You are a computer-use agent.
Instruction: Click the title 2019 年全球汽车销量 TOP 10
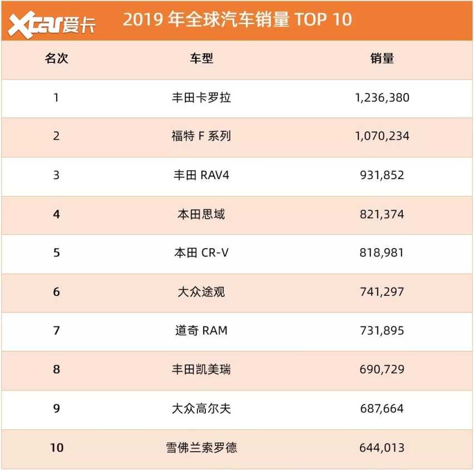pyautogui.click(x=237, y=19)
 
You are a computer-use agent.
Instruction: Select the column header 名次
pyautogui.click(x=56, y=58)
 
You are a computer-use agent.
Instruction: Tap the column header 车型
pyautogui.click(x=201, y=58)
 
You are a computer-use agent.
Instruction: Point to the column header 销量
pyautogui.click(x=382, y=58)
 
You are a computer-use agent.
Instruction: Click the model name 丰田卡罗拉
pyautogui.click(x=201, y=98)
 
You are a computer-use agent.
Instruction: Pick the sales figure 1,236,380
pyautogui.click(x=382, y=98)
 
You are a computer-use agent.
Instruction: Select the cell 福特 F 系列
pyautogui.click(x=201, y=136)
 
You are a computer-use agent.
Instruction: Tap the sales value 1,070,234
pyautogui.click(x=382, y=136)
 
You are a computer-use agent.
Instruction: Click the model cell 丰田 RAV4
pyautogui.click(x=201, y=175)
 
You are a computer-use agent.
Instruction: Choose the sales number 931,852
pyautogui.click(x=382, y=175)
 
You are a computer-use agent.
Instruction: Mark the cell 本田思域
pyautogui.click(x=201, y=214)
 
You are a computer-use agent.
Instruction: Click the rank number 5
pyautogui.click(x=56, y=253)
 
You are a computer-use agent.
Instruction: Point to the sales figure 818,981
pyautogui.click(x=382, y=253)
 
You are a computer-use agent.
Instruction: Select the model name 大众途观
pyautogui.click(x=201, y=292)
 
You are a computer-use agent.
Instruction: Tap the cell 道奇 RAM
pyautogui.click(x=201, y=331)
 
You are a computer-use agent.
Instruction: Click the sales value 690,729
pyautogui.click(x=382, y=369)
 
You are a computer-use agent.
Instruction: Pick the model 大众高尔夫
pyautogui.click(x=201, y=409)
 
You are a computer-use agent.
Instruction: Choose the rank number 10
pyautogui.click(x=56, y=447)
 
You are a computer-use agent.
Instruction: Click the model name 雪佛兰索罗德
pyautogui.click(x=201, y=447)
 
